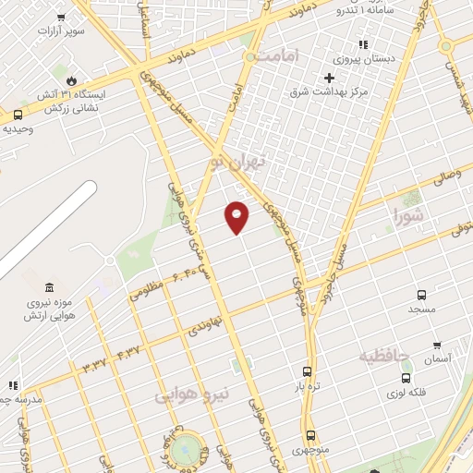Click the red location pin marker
237,216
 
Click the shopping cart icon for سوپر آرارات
61,17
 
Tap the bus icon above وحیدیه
18,115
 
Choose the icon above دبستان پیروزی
363,43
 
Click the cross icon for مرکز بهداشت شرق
329,77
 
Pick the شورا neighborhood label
407,217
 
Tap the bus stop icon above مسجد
421,295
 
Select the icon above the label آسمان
437,345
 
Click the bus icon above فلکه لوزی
406,377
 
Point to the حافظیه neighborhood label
383,356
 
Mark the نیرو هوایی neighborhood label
189,397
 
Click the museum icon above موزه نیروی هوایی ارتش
49,287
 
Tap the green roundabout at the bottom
188,449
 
